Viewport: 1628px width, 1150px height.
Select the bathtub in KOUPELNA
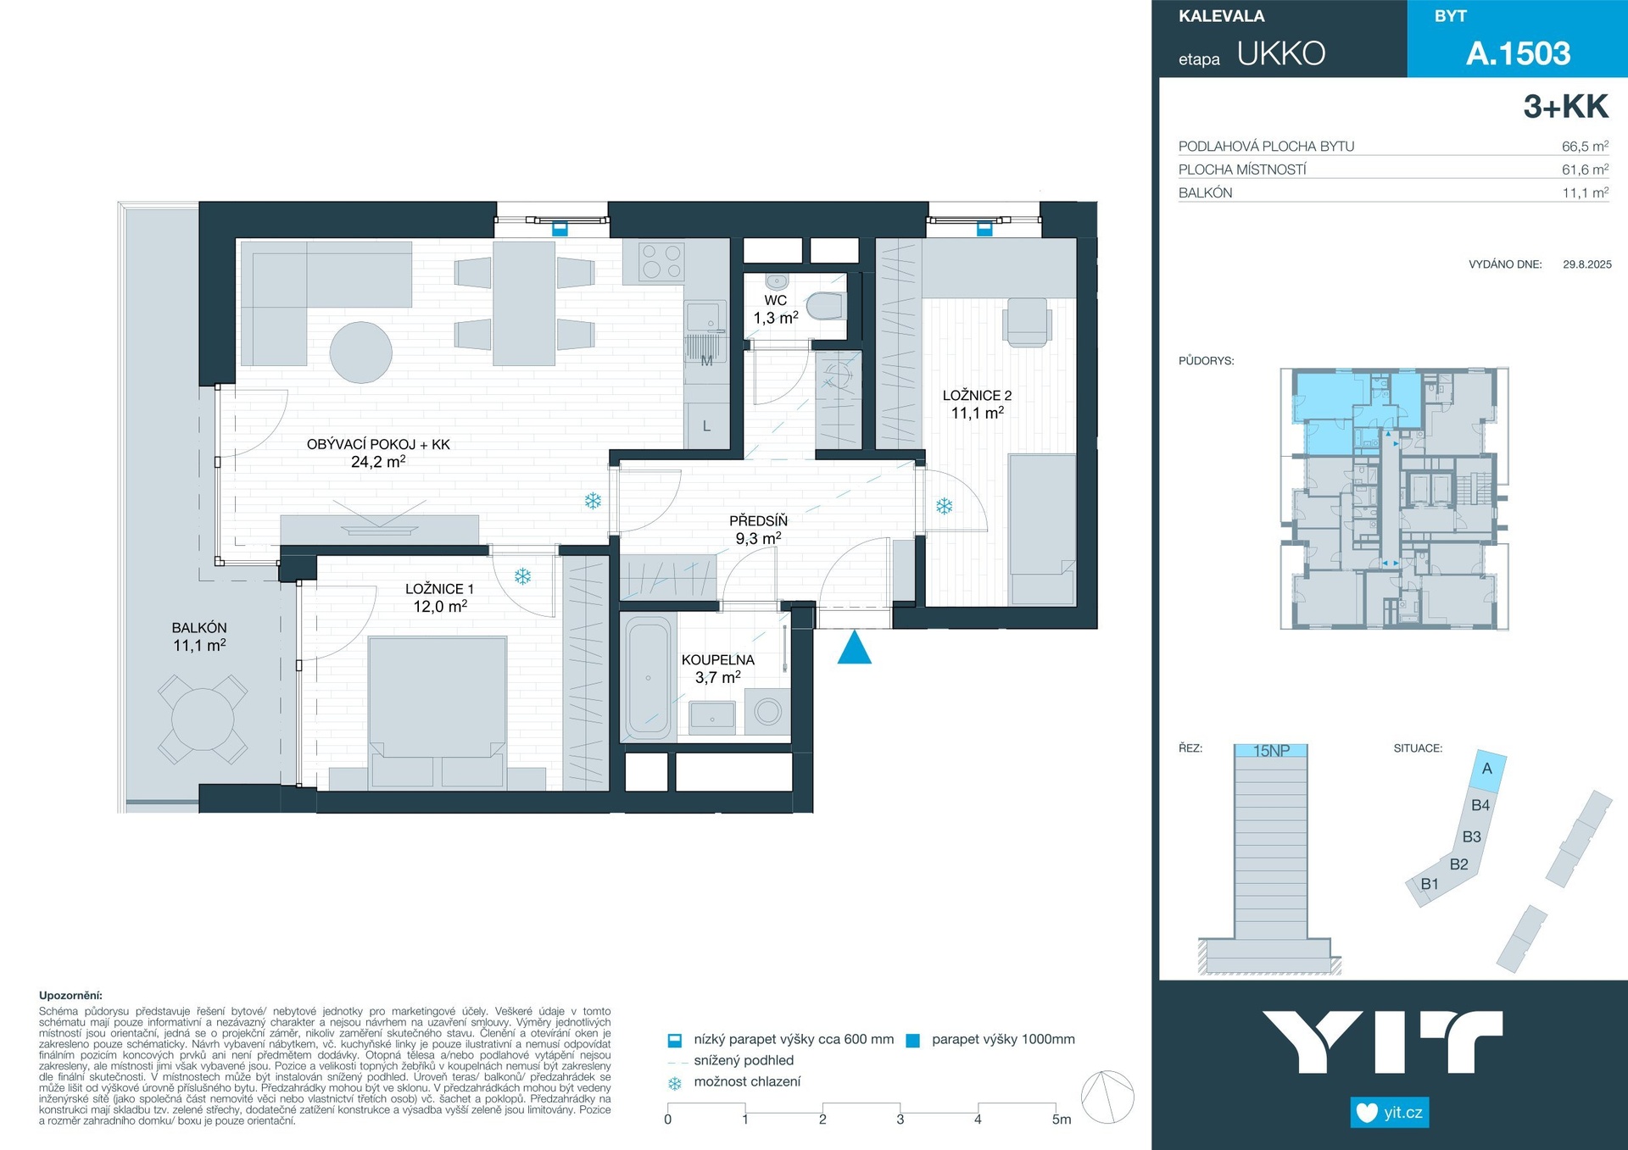[648, 678]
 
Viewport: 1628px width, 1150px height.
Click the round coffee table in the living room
[361, 352]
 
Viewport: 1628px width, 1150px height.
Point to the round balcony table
[203, 719]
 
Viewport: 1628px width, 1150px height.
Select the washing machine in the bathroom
[768, 711]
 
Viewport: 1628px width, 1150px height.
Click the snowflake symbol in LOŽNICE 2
[944, 507]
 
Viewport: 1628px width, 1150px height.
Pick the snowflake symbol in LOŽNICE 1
[523, 577]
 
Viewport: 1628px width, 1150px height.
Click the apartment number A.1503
[1519, 53]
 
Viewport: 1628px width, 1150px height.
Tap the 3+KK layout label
[1565, 107]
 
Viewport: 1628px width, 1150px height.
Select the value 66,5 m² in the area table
[1585, 146]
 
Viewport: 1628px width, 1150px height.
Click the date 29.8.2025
[1587, 264]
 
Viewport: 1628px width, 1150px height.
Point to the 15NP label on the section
[1271, 751]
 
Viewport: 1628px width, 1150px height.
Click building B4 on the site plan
[1480, 806]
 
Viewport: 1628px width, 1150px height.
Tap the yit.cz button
[1390, 1113]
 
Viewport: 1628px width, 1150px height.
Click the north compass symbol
[1108, 1097]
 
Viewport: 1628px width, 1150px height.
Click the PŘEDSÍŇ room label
[758, 521]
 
